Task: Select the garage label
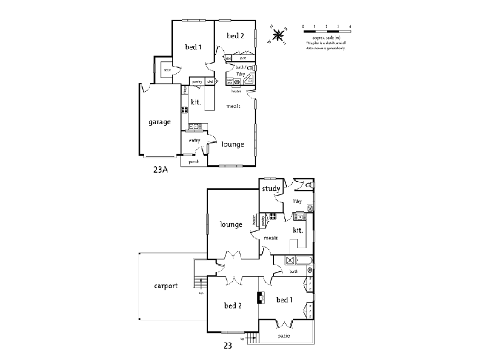tap(160, 122)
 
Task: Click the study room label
tap(271, 190)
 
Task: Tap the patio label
tap(284, 335)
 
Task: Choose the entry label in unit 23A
tap(194, 140)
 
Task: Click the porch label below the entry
tap(194, 161)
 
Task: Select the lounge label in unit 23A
tap(232, 144)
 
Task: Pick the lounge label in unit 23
tap(231, 224)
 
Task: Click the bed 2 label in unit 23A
tap(235, 36)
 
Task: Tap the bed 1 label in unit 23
tap(284, 299)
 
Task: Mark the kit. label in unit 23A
tap(196, 102)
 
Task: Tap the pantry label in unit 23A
tap(197, 82)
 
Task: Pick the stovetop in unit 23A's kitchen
tap(185, 110)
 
